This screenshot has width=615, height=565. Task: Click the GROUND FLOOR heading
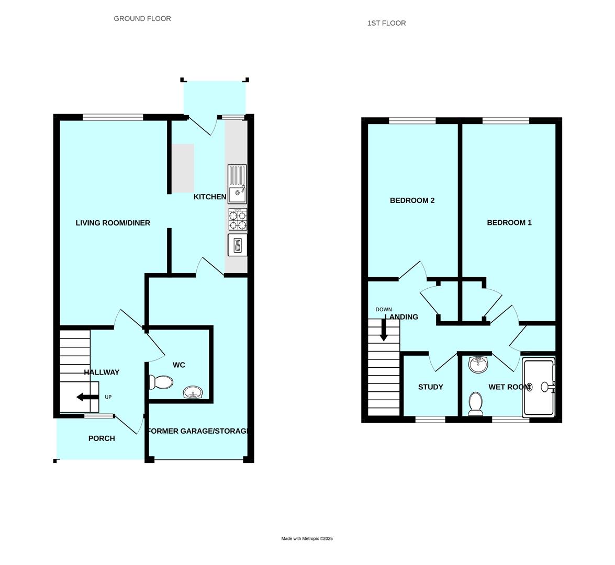tap(142, 19)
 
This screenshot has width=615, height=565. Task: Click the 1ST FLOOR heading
tap(386, 23)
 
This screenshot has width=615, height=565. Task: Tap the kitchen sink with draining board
tap(237, 184)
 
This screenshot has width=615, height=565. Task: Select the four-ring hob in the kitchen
tap(238, 220)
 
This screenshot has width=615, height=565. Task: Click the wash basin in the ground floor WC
tap(193, 392)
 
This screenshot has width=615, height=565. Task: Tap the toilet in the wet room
tap(476, 404)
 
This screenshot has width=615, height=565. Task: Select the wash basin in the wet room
tap(478, 364)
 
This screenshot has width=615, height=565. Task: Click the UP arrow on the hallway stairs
tap(87, 398)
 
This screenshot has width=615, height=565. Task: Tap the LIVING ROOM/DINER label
tap(113, 223)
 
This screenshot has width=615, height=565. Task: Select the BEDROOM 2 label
tap(412, 200)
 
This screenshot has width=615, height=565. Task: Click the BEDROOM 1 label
tap(509, 223)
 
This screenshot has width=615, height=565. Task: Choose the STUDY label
tap(431, 387)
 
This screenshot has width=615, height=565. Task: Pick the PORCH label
tap(102, 438)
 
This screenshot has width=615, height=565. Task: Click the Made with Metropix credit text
tap(307, 539)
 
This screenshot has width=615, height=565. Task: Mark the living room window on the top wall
tap(113, 117)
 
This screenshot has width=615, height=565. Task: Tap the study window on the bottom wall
tap(430, 419)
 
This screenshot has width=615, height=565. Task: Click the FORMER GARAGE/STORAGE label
tap(197, 432)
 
